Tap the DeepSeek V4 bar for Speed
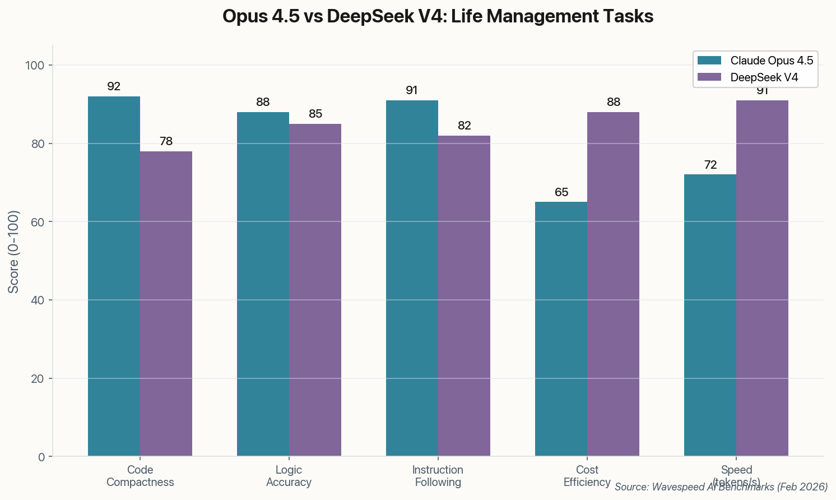coord(762,278)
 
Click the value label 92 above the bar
coord(114,86)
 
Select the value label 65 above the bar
coord(561,192)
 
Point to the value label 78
coord(166,141)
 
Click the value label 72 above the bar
coord(710,165)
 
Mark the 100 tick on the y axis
coord(35,66)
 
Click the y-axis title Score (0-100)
coord(14,252)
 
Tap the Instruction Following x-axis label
coord(438,476)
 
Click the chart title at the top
coord(438,16)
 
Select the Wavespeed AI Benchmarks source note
coord(721,487)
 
